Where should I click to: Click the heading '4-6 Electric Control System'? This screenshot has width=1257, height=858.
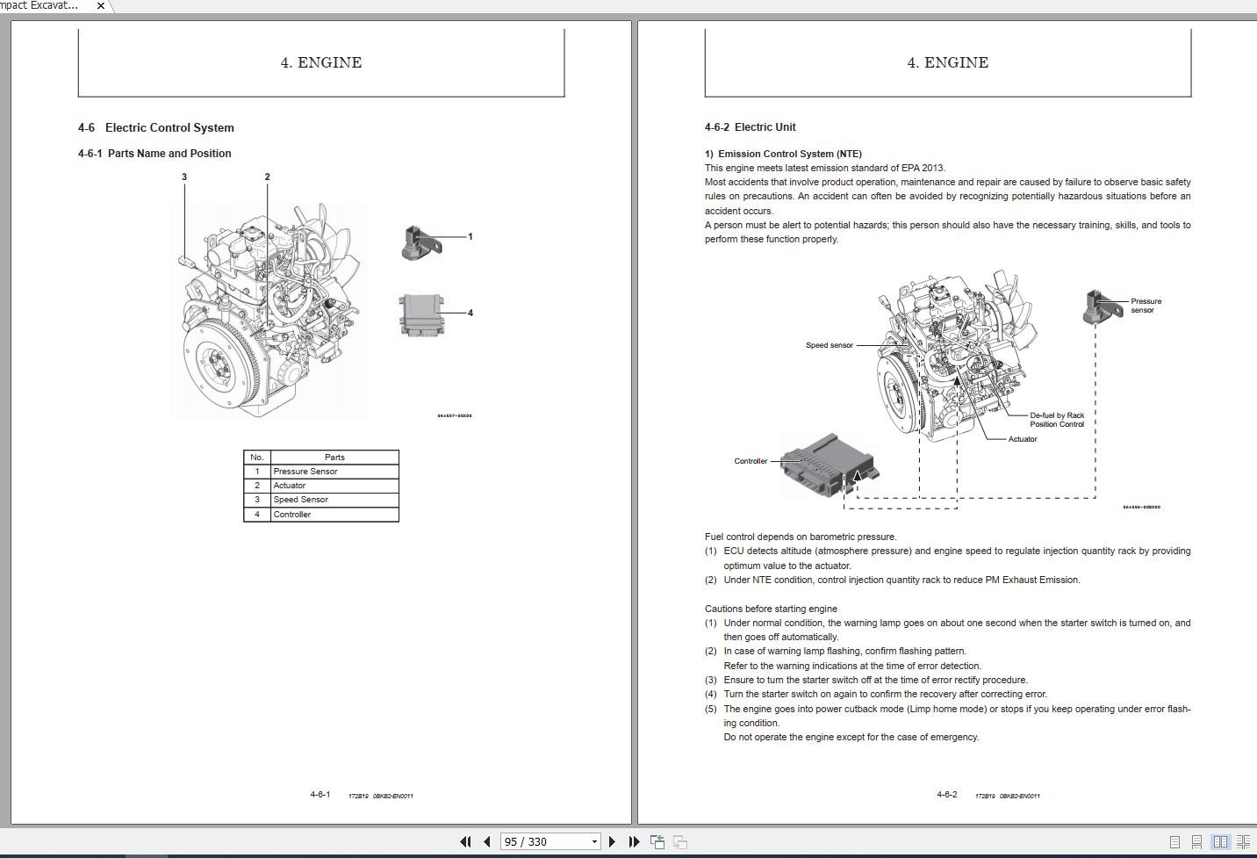click(156, 127)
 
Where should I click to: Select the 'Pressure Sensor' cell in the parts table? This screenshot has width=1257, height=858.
click(305, 472)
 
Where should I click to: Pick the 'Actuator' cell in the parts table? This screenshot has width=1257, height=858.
click(290, 486)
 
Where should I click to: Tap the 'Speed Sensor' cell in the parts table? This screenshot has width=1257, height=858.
click(300, 500)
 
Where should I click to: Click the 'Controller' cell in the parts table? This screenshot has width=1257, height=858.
click(292, 515)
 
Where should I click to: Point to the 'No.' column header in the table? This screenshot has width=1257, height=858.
click(256, 458)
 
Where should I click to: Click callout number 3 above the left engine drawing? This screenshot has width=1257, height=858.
click(184, 177)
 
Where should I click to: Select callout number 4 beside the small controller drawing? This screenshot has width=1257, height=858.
click(470, 313)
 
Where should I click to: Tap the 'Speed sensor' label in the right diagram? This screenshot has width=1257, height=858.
click(829, 345)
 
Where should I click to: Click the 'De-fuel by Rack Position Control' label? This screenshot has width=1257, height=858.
click(1057, 420)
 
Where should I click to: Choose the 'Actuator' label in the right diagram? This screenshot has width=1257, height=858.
click(1023, 439)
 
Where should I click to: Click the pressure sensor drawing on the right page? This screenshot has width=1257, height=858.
click(1096, 306)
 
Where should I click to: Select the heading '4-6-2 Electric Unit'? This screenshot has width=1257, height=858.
click(750, 127)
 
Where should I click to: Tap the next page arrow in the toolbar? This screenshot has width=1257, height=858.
click(612, 841)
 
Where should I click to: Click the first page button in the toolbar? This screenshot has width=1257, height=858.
click(466, 841)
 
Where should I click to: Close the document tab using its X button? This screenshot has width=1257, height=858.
click(100, 5)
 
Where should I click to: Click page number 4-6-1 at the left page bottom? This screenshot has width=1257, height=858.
click(320, 795)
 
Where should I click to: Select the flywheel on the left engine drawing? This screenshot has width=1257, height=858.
click(216, 361)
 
